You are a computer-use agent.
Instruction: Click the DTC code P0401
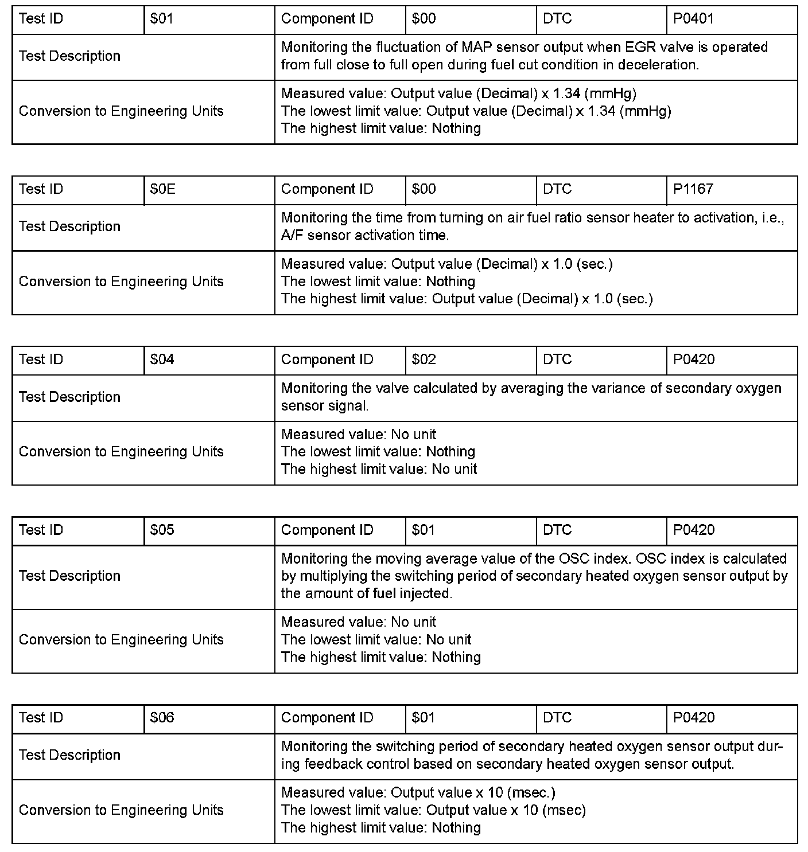pyautogui.click(x=693, y=19)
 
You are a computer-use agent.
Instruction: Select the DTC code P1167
pyautogui.click(x=693, y=189)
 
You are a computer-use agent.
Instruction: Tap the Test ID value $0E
pyautogui.click(x=162, y=189)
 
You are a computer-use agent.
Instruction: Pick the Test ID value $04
pyautogui.click(x=162, y=359)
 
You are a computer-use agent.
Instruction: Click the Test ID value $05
pyautogui.click(x=162, y=530)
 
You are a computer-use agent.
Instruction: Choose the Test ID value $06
pyautogui.click(x=162, y=717)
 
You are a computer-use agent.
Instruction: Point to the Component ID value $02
pyautogui.click(x=424, y=359)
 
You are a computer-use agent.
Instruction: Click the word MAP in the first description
pyautogui.click(x=475, y=47)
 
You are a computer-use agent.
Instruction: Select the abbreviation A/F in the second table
pyautogui.click(x=293, y=236)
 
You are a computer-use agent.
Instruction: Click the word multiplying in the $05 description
pyautogui.click(x=333, y=576)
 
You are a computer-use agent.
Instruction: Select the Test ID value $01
pyautogui.click(x=161, y=19)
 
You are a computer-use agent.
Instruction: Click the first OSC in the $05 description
pyautogui.click(x=571, y=558)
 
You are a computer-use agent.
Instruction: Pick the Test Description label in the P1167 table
pyautogui.click(x=69, y=226)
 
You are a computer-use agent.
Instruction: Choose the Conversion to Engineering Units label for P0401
pyautogui.click(x=121, y=111)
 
